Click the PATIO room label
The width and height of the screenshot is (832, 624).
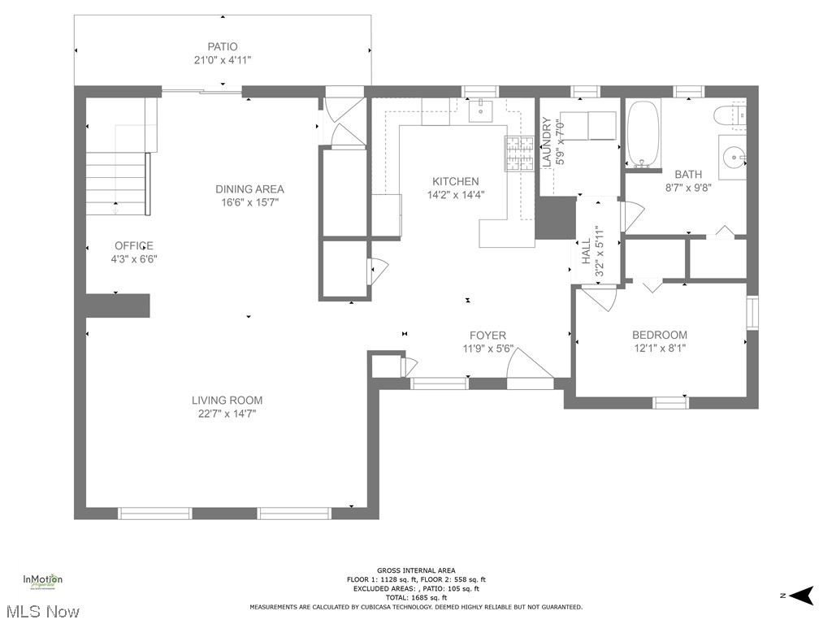[x=222, y=46]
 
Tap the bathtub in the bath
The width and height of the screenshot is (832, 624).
[x=645, y=134]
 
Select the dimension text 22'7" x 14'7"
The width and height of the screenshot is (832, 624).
[x=227, y=414]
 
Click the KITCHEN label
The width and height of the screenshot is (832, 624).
[x=455, y=181]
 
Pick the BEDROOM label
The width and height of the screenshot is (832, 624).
[x=660, y=335]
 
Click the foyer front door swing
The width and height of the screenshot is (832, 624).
[x=528, y=363]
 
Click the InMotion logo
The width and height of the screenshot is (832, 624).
[x=42, y=582]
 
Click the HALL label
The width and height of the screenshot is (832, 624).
[x=585, y=252]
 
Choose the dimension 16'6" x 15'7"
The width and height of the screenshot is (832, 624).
[x=249, y=202]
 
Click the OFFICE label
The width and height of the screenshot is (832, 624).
[x=133, y=245]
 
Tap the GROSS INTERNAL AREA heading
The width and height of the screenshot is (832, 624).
[x=416, y=570]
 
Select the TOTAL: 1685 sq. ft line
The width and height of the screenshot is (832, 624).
[x=416, y=597]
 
